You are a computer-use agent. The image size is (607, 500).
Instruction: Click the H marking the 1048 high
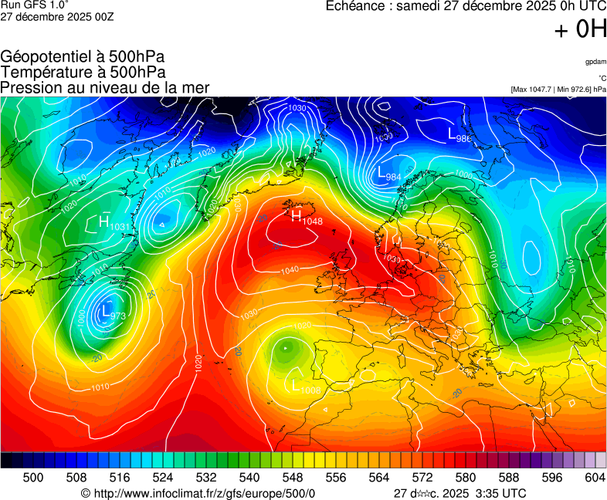pyautogui.click(x=296, y=216)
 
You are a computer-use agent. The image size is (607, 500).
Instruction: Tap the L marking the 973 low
pyautogui.click(x=105, y=312)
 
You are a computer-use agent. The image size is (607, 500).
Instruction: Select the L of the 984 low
pyautogui.click(x=381, y=173)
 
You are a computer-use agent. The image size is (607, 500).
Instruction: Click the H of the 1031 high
pyautogui.click(x=103, y=221)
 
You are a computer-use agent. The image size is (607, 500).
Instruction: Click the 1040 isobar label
pyautogui.click(x=290, y=270)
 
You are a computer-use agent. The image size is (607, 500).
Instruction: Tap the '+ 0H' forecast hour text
pyautogui.click(x=580, y=29)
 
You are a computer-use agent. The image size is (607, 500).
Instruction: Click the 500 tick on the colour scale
pyautogui.click(x=33, y=478)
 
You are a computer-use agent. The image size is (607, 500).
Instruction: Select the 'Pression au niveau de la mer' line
pyautogui.click(x=105, y=87)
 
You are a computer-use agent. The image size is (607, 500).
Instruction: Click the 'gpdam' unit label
pyautogui.click(x=595, y=62)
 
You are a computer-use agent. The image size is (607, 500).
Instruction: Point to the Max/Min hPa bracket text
pyautogui.click(x=558, y=90)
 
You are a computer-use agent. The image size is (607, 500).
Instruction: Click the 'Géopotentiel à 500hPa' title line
pyautogui.click(x=83, y=58)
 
